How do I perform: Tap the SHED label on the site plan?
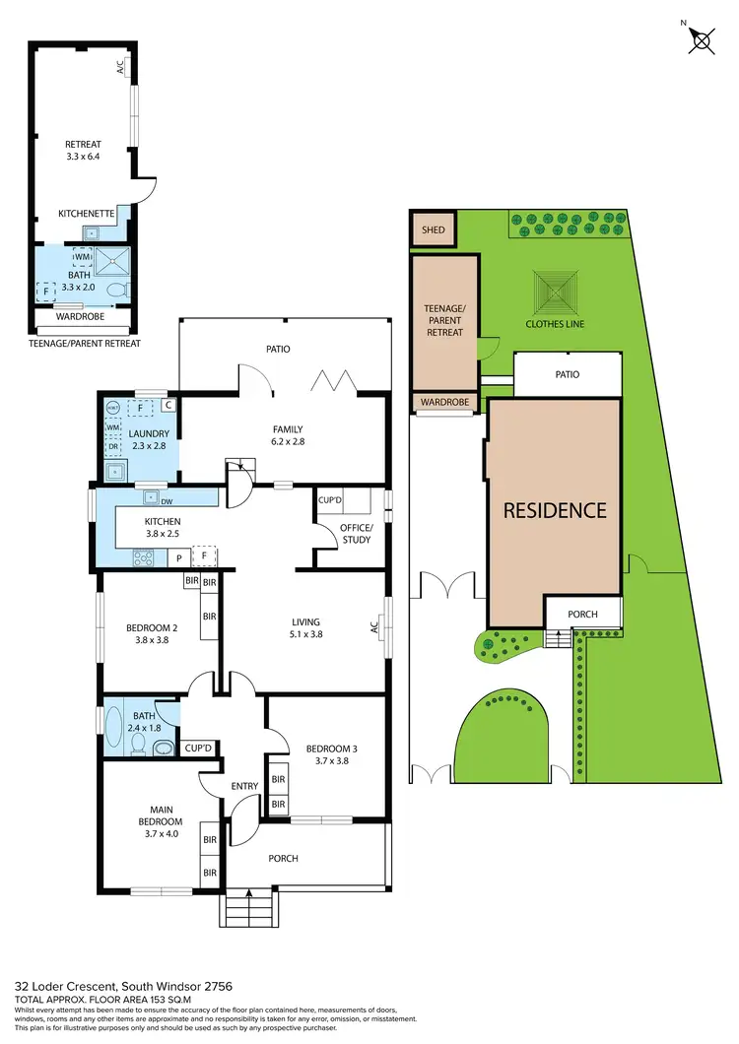[434, 230]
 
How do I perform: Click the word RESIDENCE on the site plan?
[555, 510]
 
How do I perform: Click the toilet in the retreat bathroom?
[117, 290]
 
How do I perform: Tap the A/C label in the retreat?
[121, 68]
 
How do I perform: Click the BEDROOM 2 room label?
[152, 627]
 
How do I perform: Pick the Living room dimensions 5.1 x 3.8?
[306, 634]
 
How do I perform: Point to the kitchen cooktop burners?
[143, 557]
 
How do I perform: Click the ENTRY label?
[244, 785]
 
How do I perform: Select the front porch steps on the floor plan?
[250, 906]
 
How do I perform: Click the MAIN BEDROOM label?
[161, 816]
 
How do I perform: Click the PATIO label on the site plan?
[567, 374]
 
